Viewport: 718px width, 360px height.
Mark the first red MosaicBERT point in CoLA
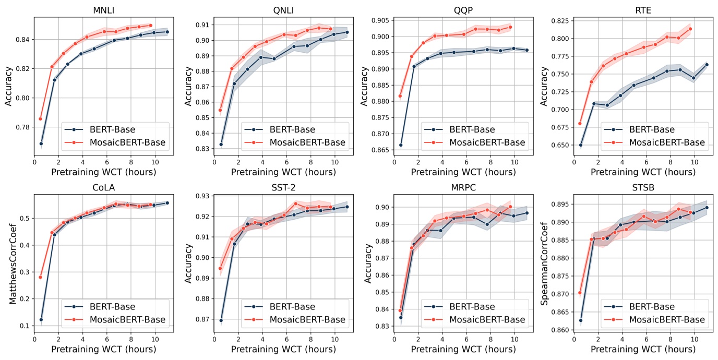[40, 277]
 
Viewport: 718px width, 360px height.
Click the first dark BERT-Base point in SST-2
[221, 320]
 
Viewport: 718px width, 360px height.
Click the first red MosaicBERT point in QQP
[400, 96]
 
